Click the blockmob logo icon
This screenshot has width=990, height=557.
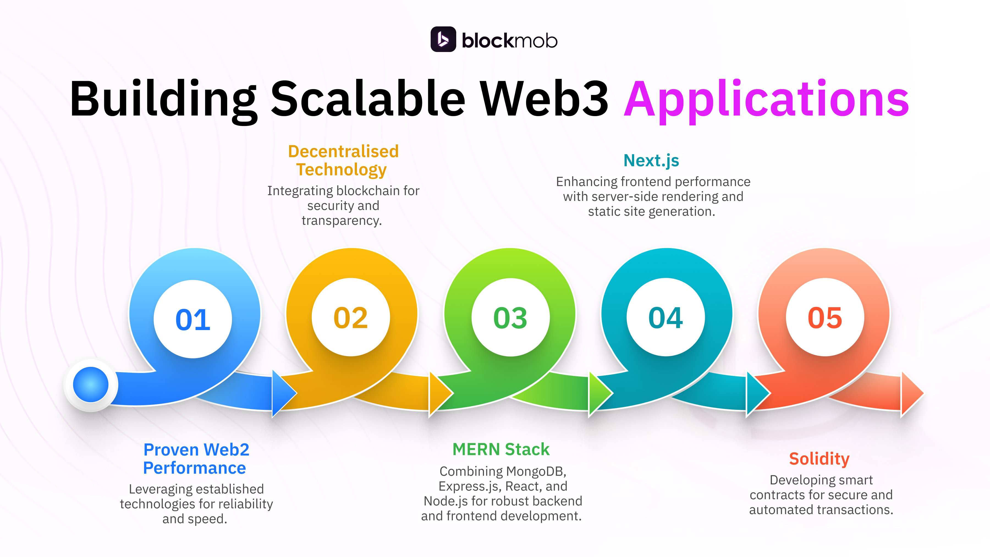point(443,39)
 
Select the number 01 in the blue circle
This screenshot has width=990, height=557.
point(193,319)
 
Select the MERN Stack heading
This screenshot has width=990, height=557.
point(501,449)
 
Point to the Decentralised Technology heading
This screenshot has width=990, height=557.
point(343,160)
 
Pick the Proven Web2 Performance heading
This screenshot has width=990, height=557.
point(196,459)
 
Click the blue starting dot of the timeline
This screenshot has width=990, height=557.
point(91,385)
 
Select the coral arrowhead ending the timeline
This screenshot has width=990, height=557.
point(912,393)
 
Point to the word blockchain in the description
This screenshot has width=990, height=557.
point(368,191)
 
